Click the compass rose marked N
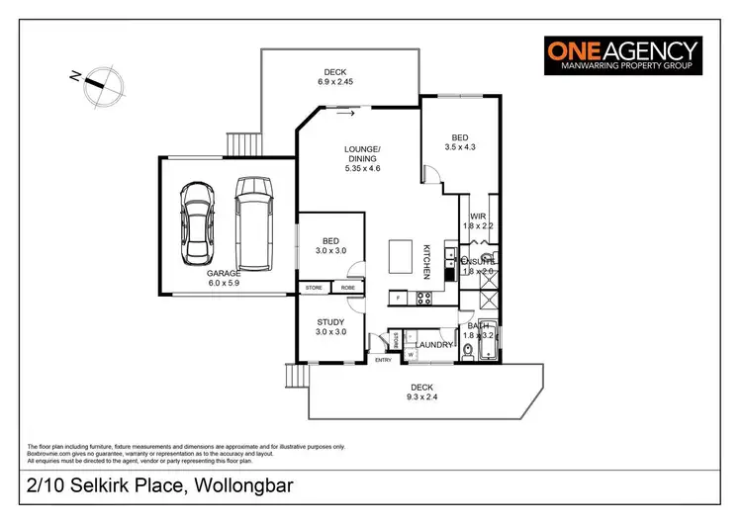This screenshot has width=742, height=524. (95, 82)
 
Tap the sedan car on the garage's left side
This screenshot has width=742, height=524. (200, 223)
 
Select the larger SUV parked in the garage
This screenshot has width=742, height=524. (252, 222)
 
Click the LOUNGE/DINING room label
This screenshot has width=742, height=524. (362, 159)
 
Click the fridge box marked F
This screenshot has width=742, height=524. (396, 297)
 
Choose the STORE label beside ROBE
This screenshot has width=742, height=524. (314, 288)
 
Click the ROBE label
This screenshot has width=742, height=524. (347, 288)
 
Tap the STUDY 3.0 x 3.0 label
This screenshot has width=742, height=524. (329, 327)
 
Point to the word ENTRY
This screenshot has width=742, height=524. (383, 360)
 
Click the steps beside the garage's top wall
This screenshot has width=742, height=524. (242, 144)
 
